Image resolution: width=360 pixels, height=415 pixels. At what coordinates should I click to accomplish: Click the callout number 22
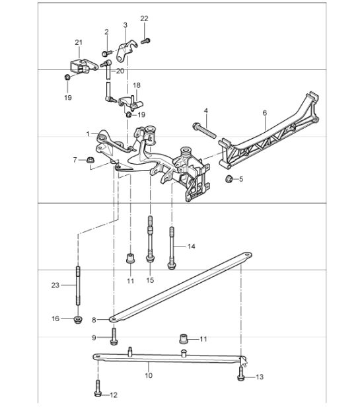pos(144,19)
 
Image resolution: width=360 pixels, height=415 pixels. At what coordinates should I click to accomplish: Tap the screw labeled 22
pos(145,41)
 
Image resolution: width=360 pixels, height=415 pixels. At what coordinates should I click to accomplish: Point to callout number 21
pos(79,42)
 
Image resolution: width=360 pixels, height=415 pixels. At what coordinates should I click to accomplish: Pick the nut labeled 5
pos(229,180)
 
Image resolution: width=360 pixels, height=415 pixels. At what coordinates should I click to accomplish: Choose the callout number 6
pos(265,113)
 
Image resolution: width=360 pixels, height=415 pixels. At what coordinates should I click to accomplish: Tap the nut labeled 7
pos(90,160)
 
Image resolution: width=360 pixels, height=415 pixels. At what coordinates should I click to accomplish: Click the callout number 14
pos(192,246)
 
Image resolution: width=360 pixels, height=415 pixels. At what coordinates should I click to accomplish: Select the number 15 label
pos(150,280)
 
